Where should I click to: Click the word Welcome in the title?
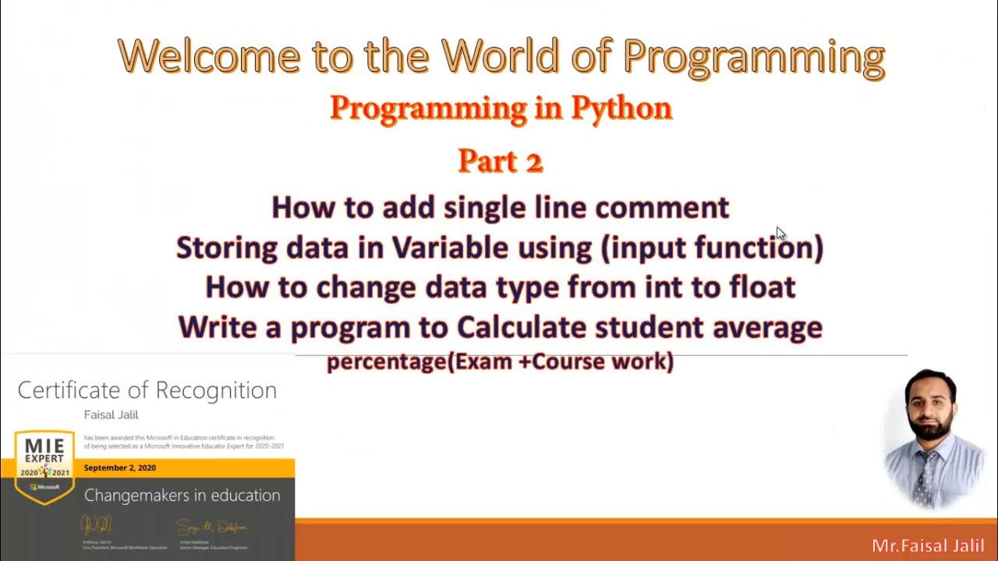(209, 56)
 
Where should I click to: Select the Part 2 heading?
(500, 161)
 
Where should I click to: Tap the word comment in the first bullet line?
(662, 207)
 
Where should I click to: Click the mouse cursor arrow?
(780, 234)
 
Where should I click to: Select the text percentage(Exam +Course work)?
(500, 362)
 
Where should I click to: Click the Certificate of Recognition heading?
(147, 390)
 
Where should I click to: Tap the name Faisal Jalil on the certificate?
(111, 415)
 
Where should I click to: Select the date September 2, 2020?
(119, 467)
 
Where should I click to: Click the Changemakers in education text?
(182, 496)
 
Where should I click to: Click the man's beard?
(932, 428)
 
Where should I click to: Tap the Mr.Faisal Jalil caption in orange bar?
(928, 545)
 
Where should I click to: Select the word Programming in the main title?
(753, 56)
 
